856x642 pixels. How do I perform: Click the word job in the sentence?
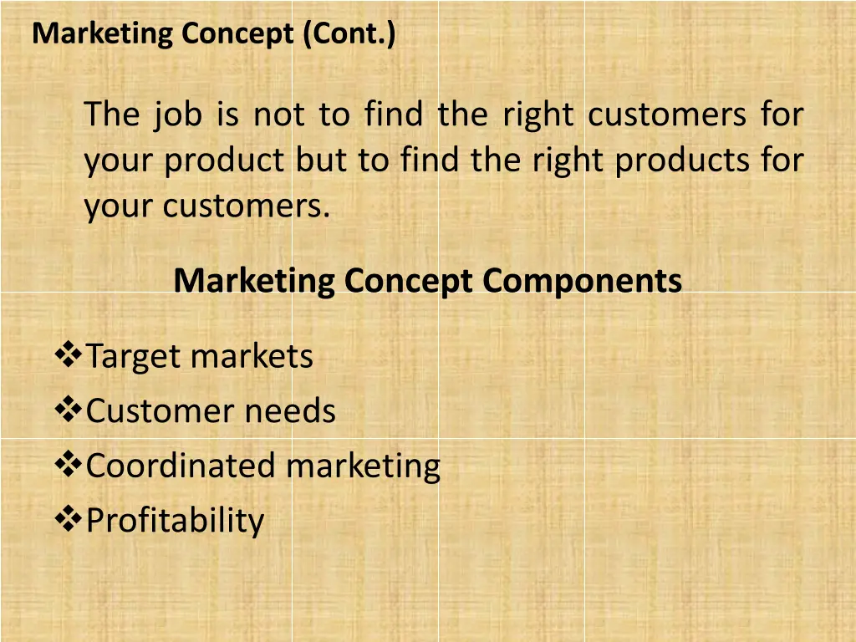click(177, 115)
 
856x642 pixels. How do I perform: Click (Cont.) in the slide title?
click(350, 34)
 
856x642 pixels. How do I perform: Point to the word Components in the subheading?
click(582, 280)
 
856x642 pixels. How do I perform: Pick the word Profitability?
click(175, 521)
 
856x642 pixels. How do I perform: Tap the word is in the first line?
click(227, 115)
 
